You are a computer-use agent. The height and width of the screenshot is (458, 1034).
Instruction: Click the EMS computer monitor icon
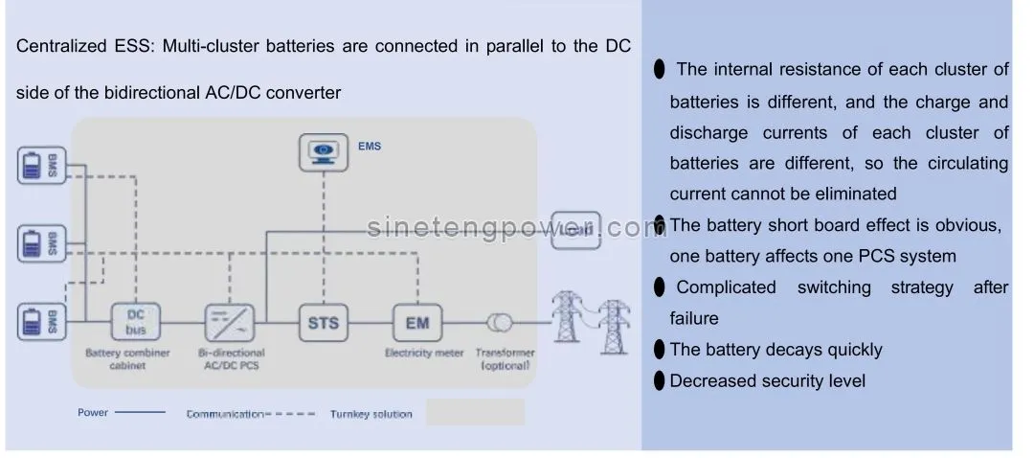324,152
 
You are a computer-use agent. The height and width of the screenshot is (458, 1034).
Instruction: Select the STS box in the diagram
324,323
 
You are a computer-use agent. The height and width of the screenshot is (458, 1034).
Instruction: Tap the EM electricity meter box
417,323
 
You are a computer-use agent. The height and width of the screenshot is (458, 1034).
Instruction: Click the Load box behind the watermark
575,230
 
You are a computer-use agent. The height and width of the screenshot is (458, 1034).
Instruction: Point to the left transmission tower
571,312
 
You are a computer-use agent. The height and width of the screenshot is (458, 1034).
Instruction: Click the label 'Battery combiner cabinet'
127,359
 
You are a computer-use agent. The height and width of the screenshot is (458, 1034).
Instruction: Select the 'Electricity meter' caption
424,353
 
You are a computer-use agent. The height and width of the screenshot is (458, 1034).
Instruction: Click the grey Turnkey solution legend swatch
475,413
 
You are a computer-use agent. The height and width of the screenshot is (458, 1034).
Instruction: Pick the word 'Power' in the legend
93,413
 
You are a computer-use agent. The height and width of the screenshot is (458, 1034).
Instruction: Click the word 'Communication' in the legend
224,414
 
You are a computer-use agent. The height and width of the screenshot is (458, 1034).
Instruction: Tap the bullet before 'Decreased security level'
659,381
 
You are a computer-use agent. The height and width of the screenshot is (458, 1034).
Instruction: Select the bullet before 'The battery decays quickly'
659,350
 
